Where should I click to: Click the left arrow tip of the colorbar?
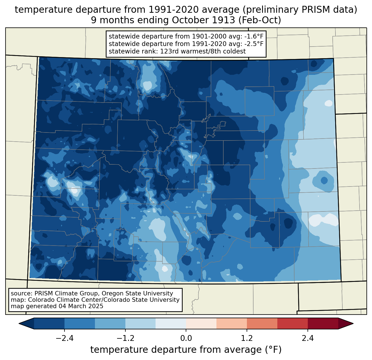coord(20,323)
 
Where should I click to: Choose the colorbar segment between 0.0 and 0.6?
coord(201,323)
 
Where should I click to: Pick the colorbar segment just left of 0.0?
coord(171,323)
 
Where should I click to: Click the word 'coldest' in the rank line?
coord(235,51)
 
